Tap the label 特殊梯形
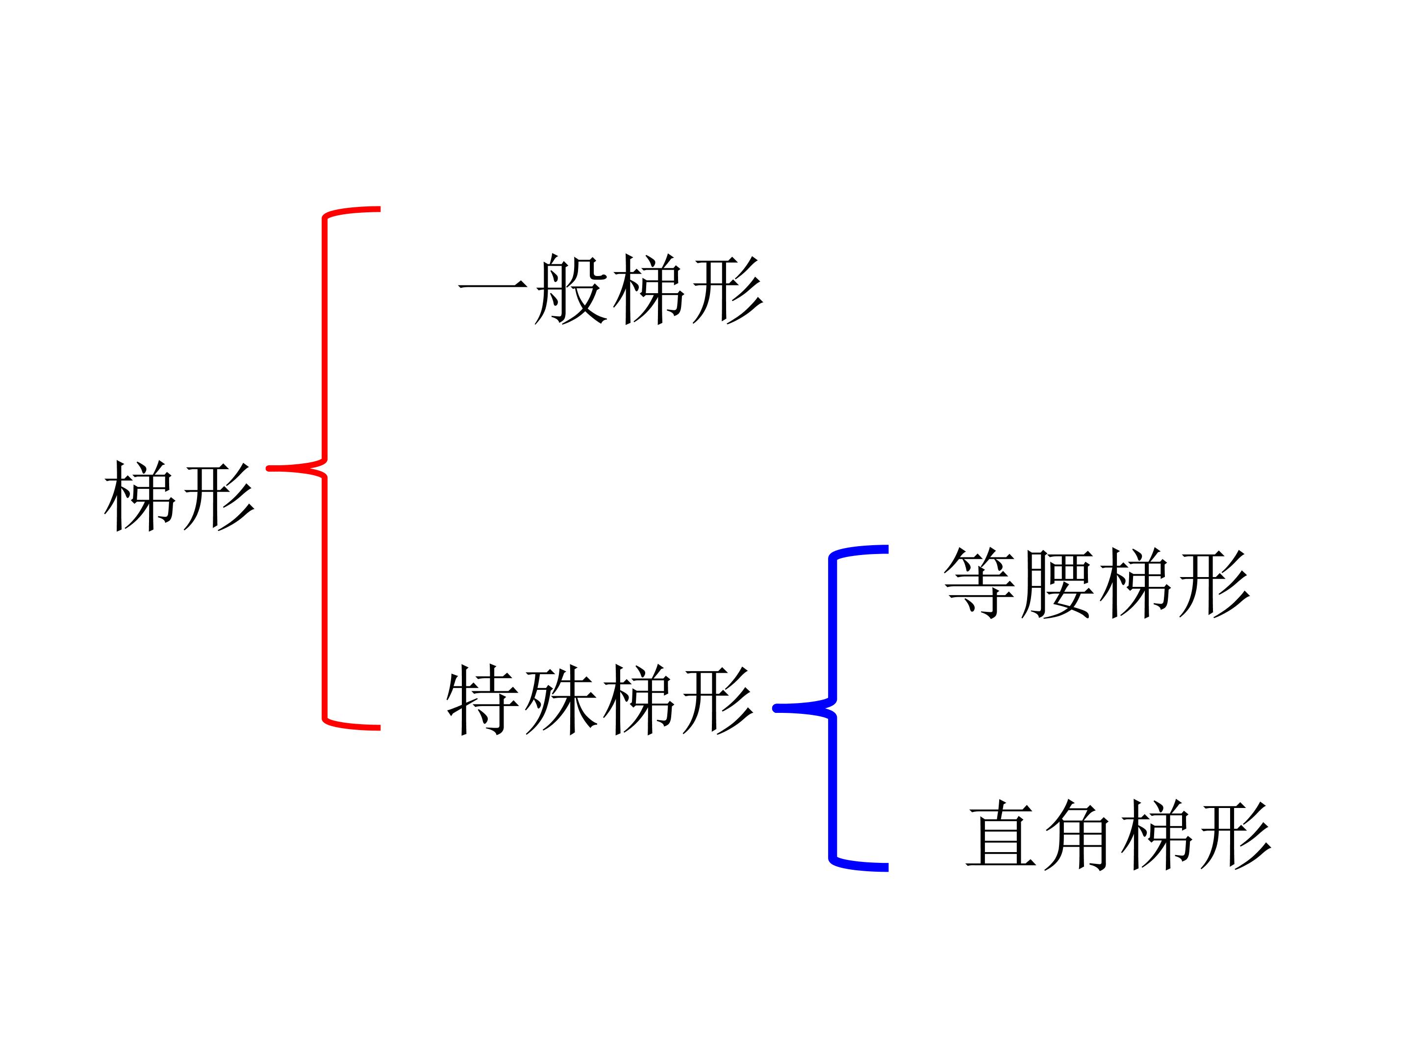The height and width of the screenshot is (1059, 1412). [x=600, y=700]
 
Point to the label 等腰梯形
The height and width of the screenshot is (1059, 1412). [x=1097, y=583]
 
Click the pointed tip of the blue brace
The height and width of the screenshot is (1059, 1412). [x=776, y=708]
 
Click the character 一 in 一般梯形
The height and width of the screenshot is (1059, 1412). [x=493, y=287]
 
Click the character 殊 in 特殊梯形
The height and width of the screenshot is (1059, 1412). [x=560, y=700]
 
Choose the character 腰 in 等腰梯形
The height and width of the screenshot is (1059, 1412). [x=1058, y=583]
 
